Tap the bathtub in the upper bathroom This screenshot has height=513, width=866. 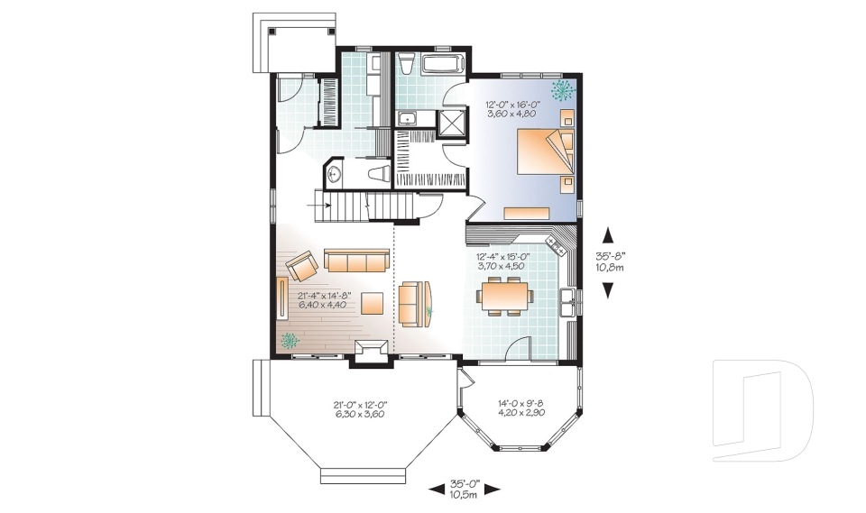[444, 65]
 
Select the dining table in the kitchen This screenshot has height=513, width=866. [505, 295]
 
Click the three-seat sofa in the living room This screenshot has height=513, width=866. [356, 261]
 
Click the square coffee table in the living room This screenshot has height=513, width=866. [373, 301]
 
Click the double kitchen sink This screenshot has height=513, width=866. [567, 302]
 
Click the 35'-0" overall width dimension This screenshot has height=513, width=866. [466, 489]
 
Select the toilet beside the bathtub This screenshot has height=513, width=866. [407, 64]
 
